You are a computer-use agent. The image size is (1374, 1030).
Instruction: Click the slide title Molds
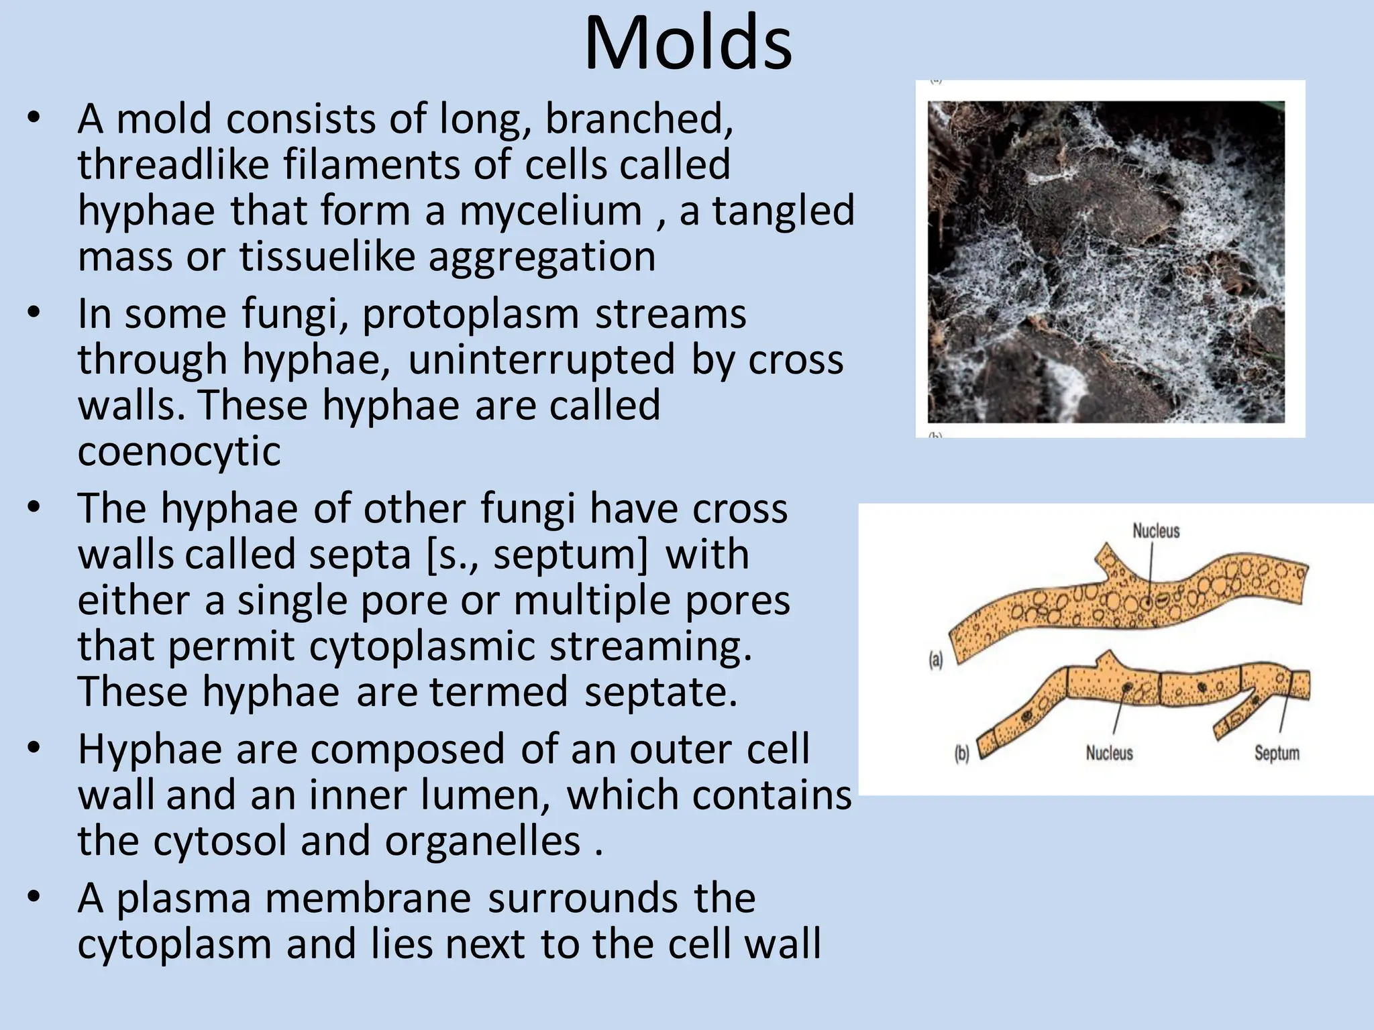(688, 44)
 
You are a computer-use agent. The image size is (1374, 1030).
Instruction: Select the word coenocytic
(179, 451)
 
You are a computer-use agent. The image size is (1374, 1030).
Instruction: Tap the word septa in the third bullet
(360, 555)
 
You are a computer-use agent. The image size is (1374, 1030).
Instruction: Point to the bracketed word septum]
(571, 555)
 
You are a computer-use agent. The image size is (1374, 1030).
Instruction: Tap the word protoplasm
(470, 314)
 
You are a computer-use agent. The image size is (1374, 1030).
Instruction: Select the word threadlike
(173, 165)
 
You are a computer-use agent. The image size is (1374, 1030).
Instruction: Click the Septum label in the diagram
(1277, 753)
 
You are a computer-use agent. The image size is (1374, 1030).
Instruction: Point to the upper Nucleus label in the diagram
(1156, 531)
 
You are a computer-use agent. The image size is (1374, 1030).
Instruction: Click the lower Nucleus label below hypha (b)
(1109, 753)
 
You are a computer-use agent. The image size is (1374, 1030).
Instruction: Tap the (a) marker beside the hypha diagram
(935, 661)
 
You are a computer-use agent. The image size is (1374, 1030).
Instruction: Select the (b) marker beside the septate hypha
(961, 754)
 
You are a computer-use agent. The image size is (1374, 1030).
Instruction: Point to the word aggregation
(541, 257)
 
